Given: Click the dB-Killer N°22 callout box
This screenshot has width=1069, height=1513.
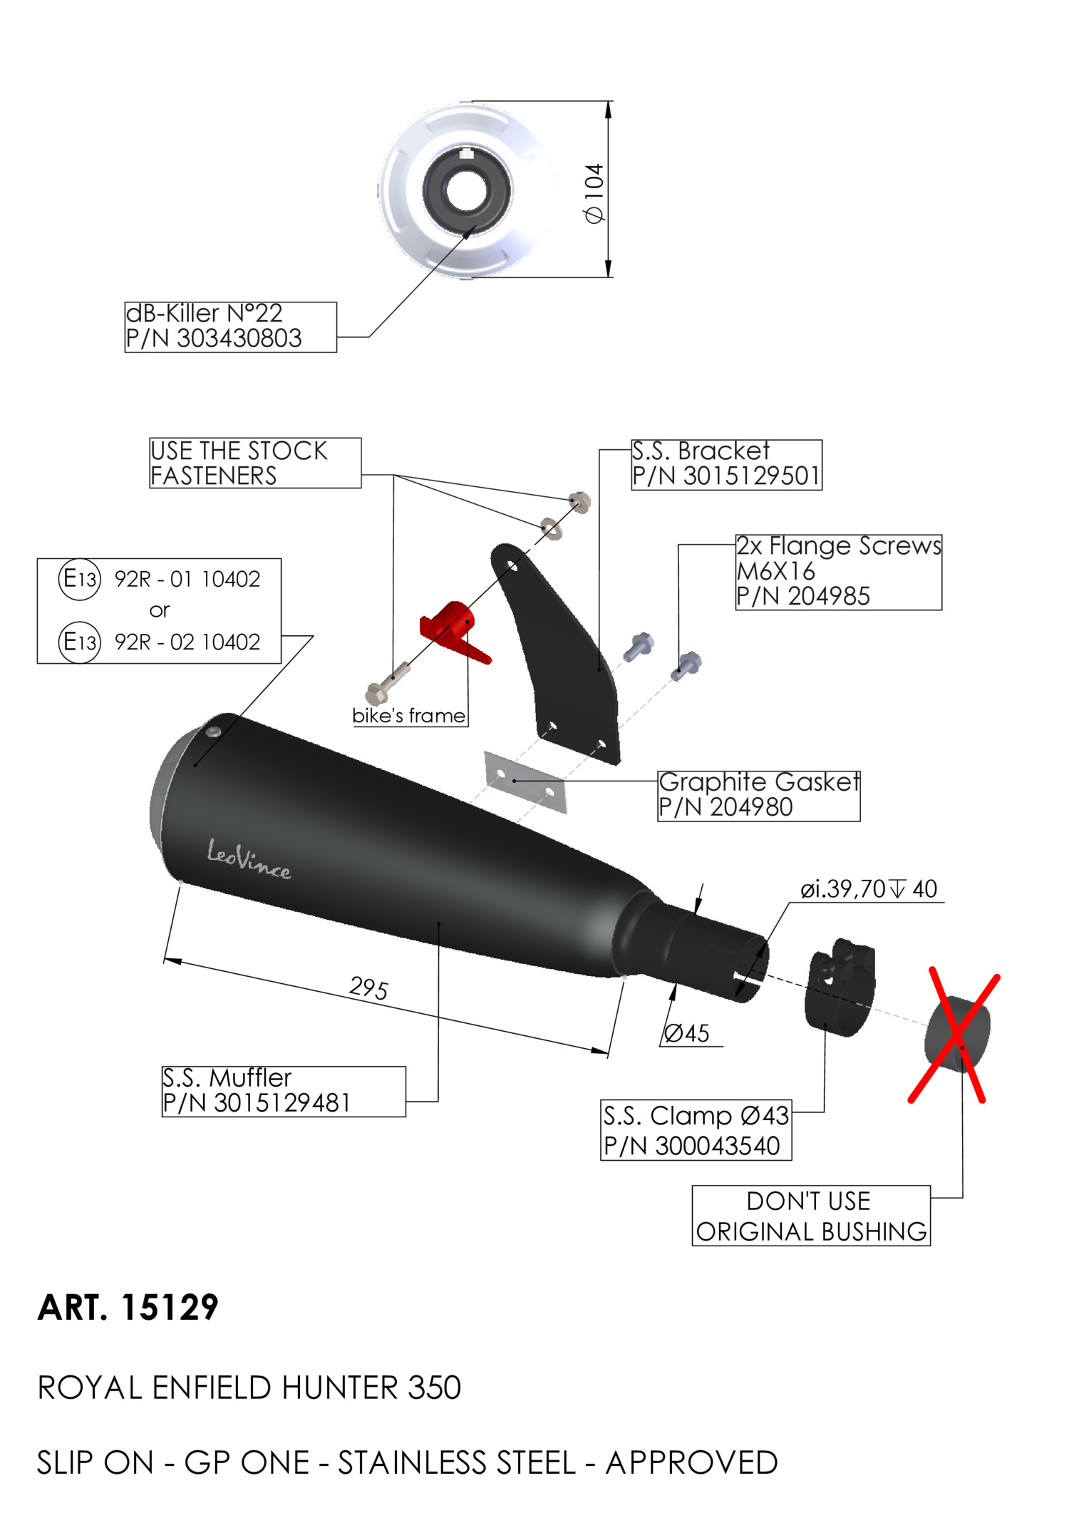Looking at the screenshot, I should pyautogui.click(x=230, y=327).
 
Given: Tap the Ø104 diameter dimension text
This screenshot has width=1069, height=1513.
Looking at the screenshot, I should pyautogui.click(x=594, y=193).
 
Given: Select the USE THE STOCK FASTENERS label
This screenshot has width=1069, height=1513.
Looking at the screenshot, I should pyautogui.click(x=254, y=463).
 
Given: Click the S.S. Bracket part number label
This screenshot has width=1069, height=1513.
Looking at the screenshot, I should pyautogui.click(x=726, y=464).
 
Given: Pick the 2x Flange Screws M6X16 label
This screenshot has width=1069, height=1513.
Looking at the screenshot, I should pyautogui.click(x=838, y=572).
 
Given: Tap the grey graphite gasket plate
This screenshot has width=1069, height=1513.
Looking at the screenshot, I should pyautogui.click(x=525, y=781).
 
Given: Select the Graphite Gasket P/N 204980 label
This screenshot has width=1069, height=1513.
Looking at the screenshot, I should pyautogui.click(x=758, y=795).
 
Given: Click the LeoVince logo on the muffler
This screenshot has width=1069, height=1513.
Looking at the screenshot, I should pyautogui.click(x=249, y=860).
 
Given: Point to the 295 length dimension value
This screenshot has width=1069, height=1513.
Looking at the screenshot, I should pyautogui.click(x=368, y=988).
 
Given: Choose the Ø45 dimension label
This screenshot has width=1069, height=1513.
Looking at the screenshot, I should pyautogui.click(x=687, y=1033).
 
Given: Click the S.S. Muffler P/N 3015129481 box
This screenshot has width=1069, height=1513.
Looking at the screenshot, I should pyautogui.click(x=284, y=1091).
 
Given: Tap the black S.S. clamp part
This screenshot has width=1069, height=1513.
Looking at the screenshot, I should pyautogui.click(x=840, y=988).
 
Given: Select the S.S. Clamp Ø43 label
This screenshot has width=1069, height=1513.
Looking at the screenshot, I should pyautogui.click(x=696, y=1130).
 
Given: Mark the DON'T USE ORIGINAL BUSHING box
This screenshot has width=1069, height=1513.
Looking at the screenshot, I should pyautogui.click(x=811, y=1216).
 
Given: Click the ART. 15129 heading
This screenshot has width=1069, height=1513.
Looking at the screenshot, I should pyautogui.click(x=128, y=1308).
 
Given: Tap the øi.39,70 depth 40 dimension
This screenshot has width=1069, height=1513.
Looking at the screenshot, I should pyautogui.click(x=869, y=889).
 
